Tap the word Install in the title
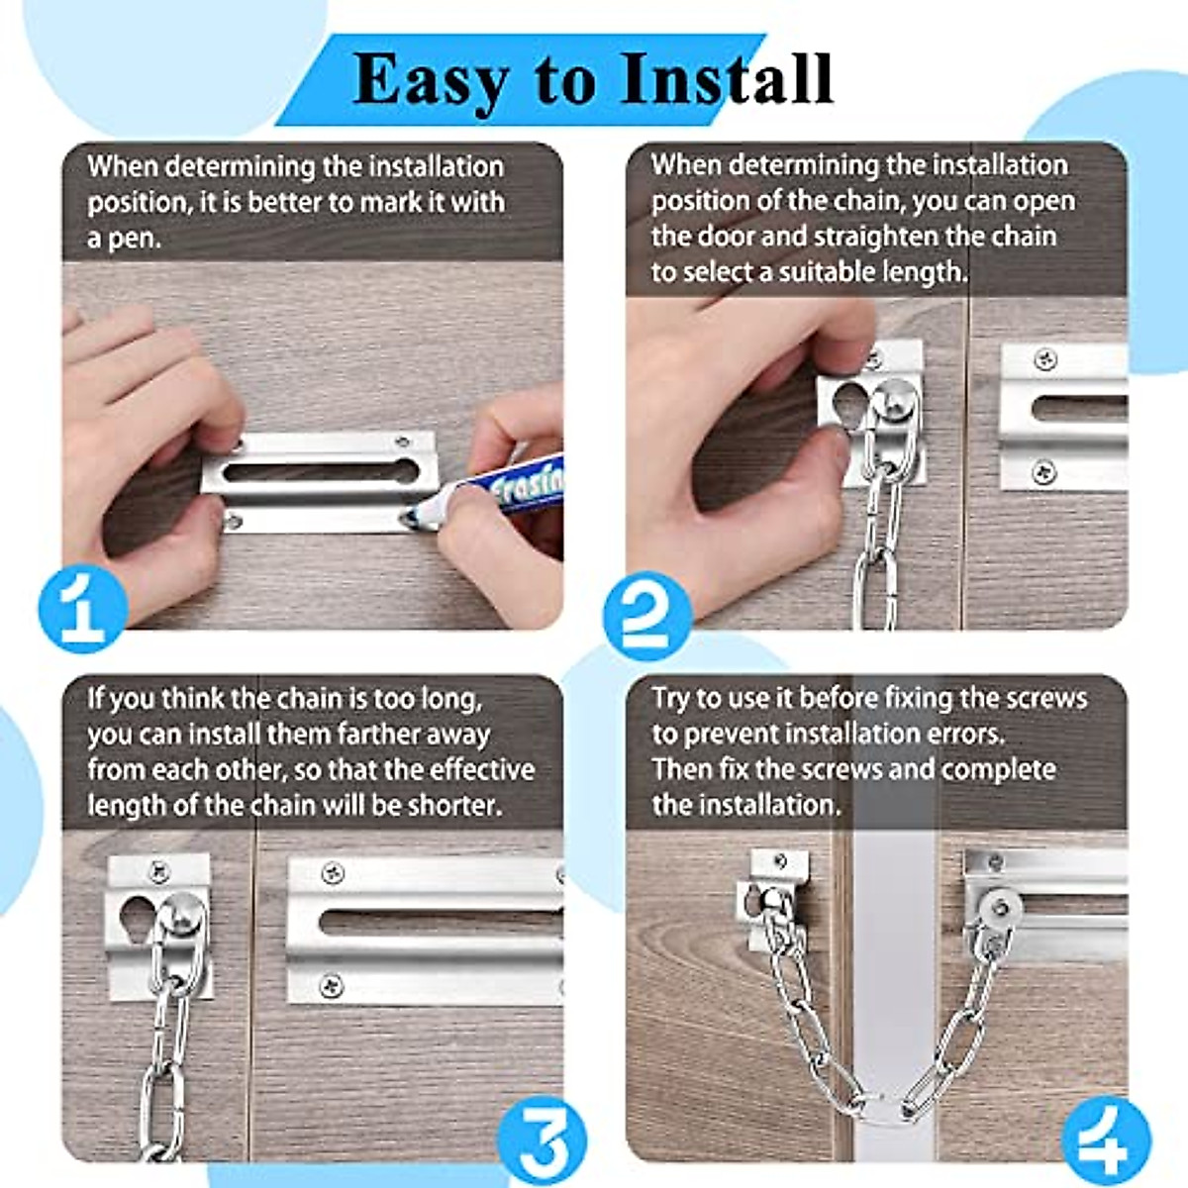pyautogui.click(x=727, y=79)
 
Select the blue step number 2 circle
pyautogui.click(x=647, y=616)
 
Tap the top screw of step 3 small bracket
pyautogui.click(x=159, y=872)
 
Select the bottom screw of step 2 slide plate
pyautogui.click(x=1044, y=472)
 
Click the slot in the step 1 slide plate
pyautogui.click(x=321, y=472)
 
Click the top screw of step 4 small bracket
pyautogui.click(x=781, y=861)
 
